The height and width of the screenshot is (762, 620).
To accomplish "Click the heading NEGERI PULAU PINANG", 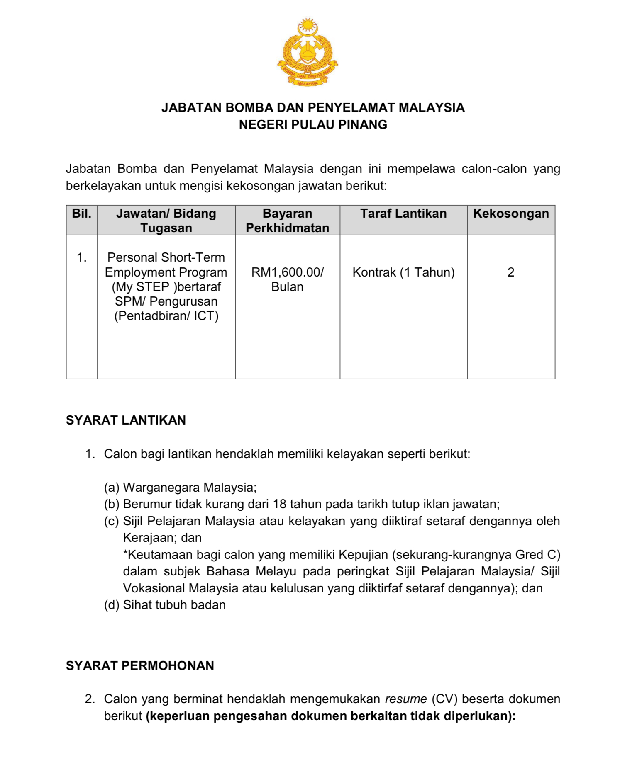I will (x=313, y=124).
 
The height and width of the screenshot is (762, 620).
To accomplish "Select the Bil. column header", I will (x=82, y=214).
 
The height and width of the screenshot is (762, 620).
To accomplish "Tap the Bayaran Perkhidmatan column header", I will (x=287, y=221).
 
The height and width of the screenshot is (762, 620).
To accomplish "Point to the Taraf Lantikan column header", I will (x=403, y=214).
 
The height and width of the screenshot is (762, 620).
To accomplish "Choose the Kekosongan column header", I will (x=511, y=214).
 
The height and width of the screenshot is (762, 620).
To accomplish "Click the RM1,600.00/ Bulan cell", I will (x=287, y=279).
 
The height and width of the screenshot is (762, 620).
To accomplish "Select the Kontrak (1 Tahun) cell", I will (x=403, y=272).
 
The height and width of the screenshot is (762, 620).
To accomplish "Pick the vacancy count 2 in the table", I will (x=511, y=272).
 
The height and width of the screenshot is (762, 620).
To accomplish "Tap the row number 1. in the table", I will (x=82, y=257).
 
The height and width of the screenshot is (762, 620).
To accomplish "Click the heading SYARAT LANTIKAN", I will (x=126, y=420).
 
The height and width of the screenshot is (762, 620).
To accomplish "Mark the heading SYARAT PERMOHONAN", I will (x=140, y=666).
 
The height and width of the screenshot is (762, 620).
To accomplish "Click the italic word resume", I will (x=406, y=699).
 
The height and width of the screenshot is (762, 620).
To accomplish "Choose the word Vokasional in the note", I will (x=154, y=588).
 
